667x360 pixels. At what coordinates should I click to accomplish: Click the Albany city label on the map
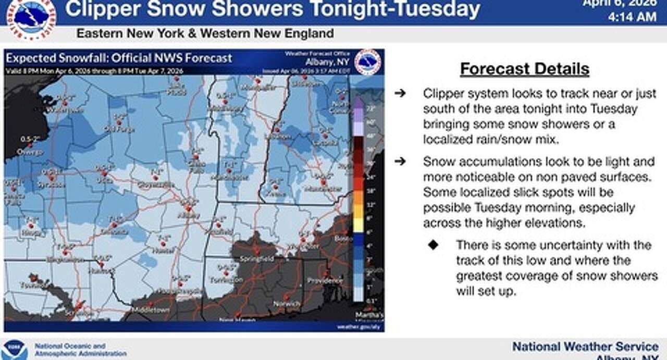tap(188, 215)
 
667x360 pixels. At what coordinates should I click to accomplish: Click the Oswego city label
tap(30, 152)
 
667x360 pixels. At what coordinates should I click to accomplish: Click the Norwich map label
tap(287, 304)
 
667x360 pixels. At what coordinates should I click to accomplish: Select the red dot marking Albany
tap(189, 208)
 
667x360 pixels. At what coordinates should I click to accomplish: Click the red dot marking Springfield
tap(256, 252)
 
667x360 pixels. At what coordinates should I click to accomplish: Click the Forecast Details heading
tap(524, 69)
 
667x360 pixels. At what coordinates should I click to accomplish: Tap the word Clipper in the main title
tap(103, 9)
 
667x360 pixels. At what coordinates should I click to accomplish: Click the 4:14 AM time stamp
tap(632, 17)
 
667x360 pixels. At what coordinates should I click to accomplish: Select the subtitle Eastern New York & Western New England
tap(205, 34)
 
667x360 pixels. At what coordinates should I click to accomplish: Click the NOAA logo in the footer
tap(14, 350)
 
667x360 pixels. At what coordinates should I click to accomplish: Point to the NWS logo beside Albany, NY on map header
tap(367, 62)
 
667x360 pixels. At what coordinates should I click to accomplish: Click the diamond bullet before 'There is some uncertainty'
tap(433, 245)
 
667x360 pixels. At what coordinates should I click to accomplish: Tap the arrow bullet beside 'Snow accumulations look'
tap(400, 162)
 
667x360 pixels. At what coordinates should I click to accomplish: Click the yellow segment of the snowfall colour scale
tap(358, 225)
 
